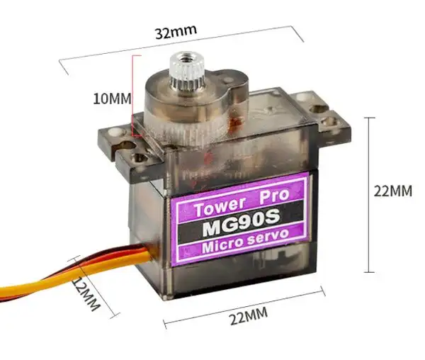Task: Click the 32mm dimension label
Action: [x=176, y=32]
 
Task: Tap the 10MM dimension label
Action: [x=112, y=99]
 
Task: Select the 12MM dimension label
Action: [x=86, y=294]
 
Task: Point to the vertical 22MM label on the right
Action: [x=392, y=191]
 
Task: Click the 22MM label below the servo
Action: [x=249, y=316]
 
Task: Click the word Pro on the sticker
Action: [x=273, y=196]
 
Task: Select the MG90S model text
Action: [x=241, y=223]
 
